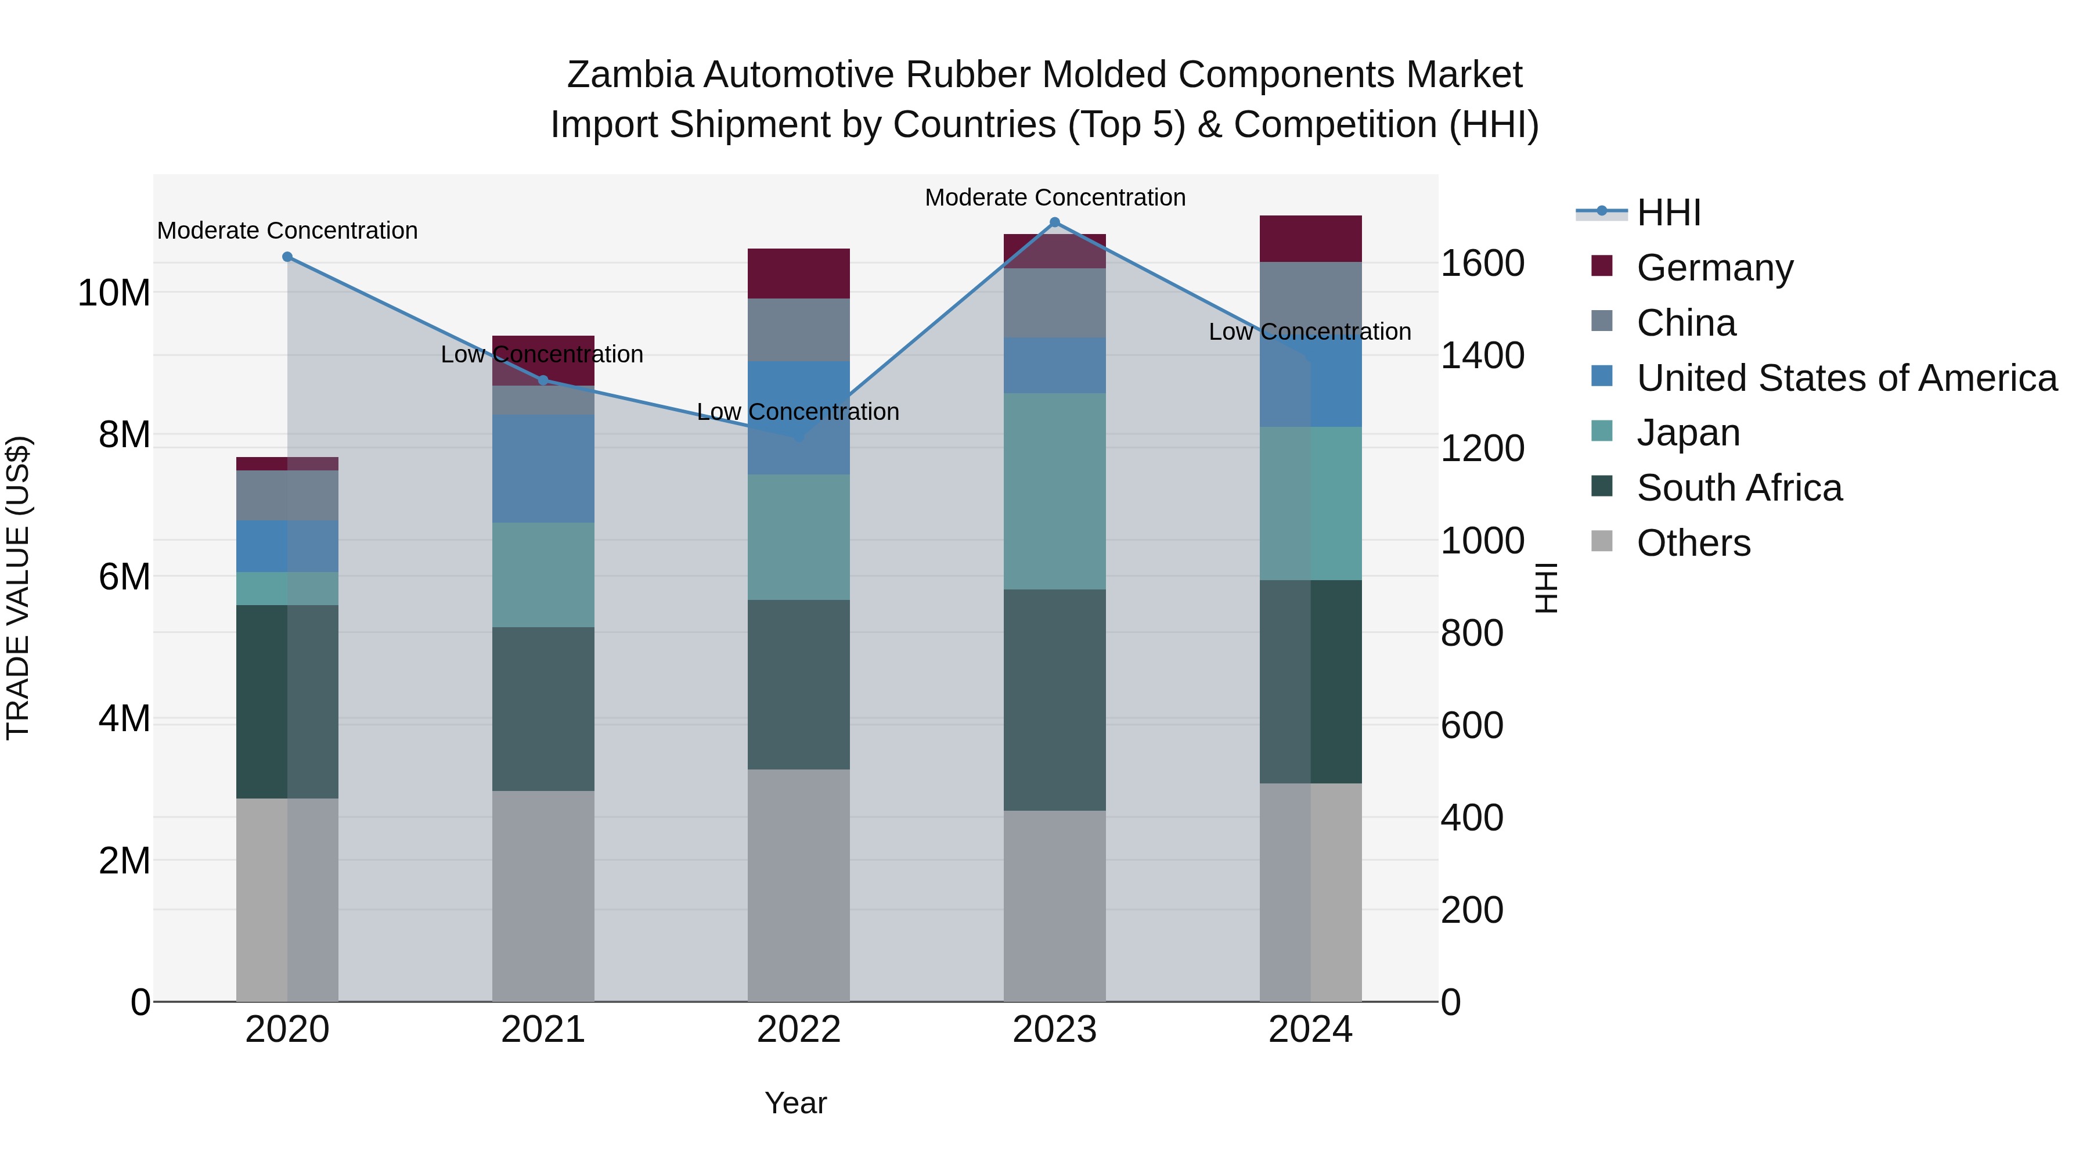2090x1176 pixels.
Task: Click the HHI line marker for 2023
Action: [1055, 222]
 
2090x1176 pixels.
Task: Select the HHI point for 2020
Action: [287, 257]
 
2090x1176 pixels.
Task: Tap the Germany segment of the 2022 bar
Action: [798, 274]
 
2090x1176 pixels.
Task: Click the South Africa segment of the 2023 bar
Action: [1055, 700]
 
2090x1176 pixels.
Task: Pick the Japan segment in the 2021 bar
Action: [543, 574]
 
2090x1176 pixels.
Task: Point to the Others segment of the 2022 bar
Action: [798, 884]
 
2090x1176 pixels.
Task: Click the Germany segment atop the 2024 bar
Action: [1310, 239]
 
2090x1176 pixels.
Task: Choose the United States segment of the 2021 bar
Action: [543, 468]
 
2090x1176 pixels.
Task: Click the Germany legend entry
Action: [1714, 268]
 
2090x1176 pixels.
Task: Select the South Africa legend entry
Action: [1739, 488]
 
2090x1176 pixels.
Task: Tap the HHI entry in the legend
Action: [1668, 213]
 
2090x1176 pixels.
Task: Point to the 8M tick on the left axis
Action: [124, 435]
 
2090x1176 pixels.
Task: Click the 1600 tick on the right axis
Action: [1482, 264]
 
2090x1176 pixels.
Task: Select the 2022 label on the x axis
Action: [798, 1030]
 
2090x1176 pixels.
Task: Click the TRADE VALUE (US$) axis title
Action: [18, 588]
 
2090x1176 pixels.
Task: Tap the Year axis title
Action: [795, 1103]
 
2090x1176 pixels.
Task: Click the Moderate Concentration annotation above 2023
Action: [1055, 197]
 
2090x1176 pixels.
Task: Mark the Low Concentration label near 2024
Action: [1310, 332]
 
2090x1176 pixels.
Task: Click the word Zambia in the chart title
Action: [629, 75]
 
